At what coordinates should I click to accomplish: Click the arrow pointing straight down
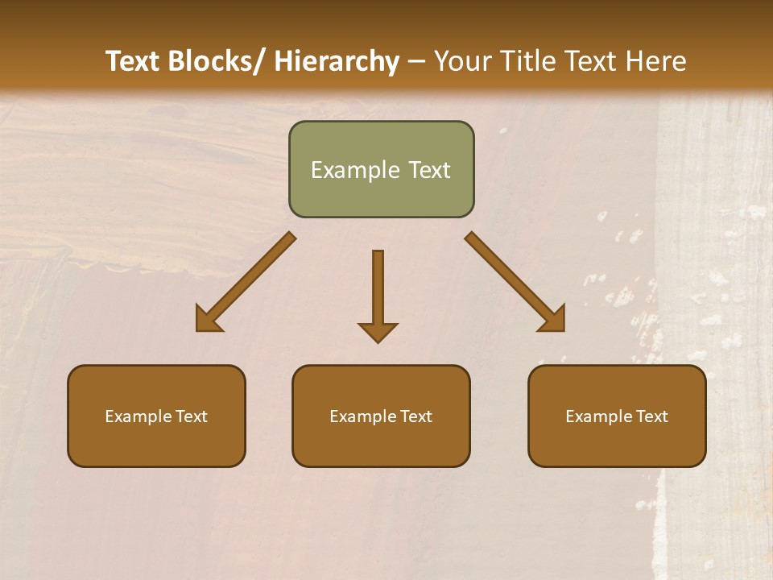[x=378, y=290]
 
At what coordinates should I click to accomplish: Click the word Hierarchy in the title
[x=337, y=61]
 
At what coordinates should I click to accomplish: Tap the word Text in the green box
[x=428, y=170]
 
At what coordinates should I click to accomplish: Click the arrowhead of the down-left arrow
[x=208, y=320]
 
